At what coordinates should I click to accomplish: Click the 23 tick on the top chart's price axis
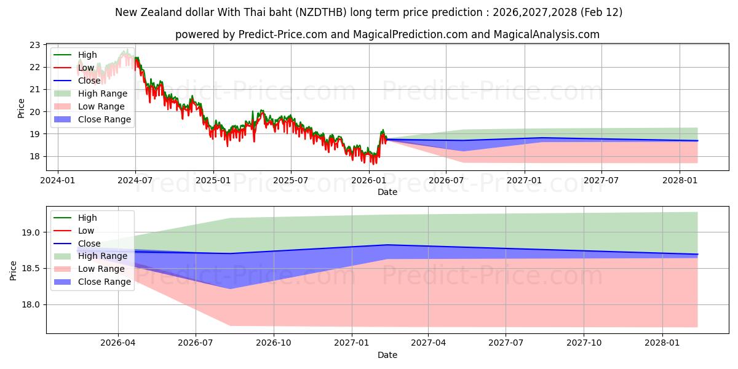35,45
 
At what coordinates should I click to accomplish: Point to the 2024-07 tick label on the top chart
135,181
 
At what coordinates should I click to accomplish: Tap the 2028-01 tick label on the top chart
680,181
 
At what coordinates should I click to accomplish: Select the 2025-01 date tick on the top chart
213,181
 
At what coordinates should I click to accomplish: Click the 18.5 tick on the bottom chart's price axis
31,269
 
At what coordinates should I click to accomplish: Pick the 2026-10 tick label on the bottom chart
274,343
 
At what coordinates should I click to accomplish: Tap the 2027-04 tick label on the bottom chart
429,343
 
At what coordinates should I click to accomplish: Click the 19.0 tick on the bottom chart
31,232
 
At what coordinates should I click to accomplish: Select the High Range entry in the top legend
103,93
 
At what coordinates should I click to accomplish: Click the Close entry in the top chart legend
89,81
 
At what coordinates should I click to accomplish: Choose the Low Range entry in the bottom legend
102,269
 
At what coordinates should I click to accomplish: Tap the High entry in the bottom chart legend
87,218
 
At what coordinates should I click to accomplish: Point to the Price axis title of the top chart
22,108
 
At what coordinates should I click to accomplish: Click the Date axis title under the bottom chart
387,355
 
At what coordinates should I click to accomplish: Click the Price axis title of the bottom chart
14,269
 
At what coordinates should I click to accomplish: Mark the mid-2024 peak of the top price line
125,51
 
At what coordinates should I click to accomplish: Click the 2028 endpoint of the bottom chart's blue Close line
697,255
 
